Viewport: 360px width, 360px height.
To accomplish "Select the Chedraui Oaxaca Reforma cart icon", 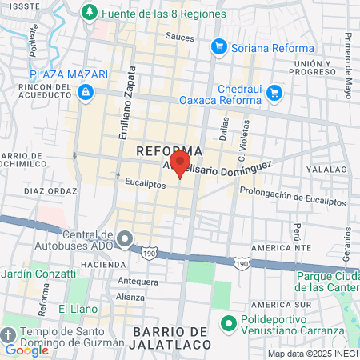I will pos(274,93).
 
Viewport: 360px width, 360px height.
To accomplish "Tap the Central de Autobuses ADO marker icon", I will pos(124,239).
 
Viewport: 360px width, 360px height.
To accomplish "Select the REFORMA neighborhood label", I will pos(169,150).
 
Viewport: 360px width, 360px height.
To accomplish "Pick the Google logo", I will pos(26,350).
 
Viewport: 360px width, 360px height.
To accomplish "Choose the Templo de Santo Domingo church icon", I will pos(9,333).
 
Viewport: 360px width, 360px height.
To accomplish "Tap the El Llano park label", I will pos(78,308).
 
